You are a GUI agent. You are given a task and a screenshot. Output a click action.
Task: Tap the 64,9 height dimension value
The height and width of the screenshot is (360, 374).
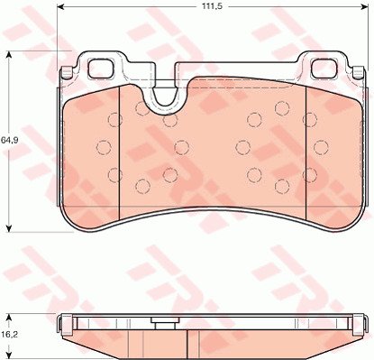tap(9, 140)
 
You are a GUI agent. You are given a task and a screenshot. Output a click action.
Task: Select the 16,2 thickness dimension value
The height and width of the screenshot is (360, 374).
tap(9, 335)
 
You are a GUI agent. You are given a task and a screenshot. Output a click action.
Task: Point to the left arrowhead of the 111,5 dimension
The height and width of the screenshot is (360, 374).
tap(60, 6)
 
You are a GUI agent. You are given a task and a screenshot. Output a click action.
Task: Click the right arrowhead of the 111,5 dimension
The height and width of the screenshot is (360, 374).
tap(364, 6)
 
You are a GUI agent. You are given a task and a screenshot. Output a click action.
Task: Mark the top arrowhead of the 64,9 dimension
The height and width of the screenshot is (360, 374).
tap(9, 55)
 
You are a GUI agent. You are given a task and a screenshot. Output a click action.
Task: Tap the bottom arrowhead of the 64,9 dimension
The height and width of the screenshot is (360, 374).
tap(9, 228)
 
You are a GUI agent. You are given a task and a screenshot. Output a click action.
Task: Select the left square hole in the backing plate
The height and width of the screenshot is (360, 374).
tap(100, 68)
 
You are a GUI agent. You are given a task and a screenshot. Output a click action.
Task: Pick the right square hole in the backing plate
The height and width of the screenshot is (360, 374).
tap(324, 68)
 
